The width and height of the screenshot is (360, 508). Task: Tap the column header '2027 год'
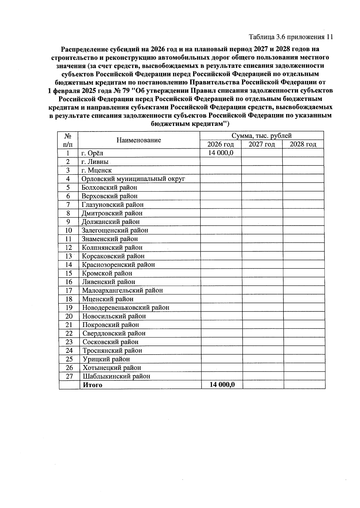(x=262, y=144)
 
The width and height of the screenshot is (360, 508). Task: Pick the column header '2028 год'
(x=303, y=144)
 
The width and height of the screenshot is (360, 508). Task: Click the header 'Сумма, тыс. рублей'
(x=262, y=136)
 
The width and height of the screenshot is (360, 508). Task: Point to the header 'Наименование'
(x=139, y=140)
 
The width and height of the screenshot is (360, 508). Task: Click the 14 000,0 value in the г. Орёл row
(x=220, y=153)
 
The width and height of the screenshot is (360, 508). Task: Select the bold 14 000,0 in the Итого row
(x=222, y=385)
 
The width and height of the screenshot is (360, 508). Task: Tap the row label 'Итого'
(x=92, y=385)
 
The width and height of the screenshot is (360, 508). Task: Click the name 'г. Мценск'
(x=96, y=170)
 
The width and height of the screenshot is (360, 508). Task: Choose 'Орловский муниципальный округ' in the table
(x=133, y=179)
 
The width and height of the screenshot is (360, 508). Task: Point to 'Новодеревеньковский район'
(x=126, y=308)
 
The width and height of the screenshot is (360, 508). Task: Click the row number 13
(x=68, y=256)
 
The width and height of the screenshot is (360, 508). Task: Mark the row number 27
(x=69, y=376)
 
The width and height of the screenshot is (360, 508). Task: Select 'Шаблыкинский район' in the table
(x=116, y=376)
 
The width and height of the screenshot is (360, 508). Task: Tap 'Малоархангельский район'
(x=122, y=290)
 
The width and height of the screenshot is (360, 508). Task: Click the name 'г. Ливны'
(x=95, y=162)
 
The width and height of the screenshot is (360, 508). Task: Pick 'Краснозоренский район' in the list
(x=118, y=265)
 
